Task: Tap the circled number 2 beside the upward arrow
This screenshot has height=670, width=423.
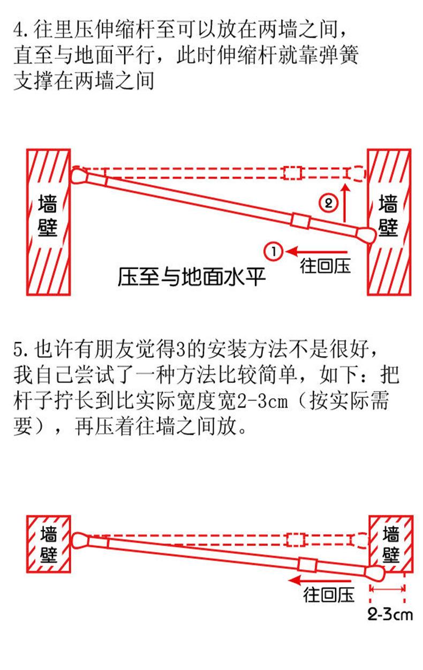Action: tap(327, 203)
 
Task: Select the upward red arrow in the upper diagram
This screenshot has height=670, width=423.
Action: tap(346, 203)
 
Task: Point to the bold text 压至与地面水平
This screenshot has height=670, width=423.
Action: tap(192, 278)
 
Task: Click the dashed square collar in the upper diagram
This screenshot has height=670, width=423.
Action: tap(292, 173)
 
